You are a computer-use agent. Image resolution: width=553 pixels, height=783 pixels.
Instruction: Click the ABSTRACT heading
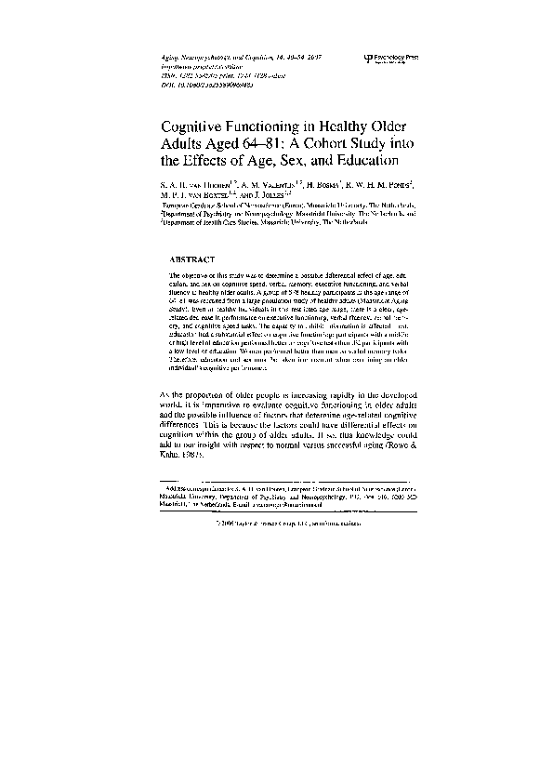tap(192, 258)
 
